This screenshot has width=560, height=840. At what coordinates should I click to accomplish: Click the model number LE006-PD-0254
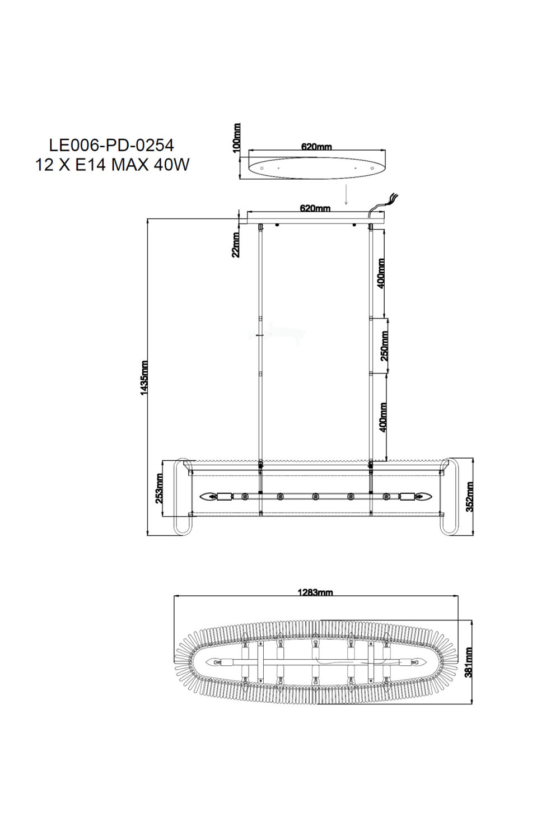[111, 146]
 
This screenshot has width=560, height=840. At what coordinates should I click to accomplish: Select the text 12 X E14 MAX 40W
[111, 166]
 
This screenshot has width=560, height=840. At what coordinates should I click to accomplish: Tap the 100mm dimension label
[236, 137]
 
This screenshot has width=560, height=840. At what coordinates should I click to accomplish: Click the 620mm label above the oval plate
[316, 147]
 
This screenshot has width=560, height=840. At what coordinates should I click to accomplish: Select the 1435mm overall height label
[144, 379]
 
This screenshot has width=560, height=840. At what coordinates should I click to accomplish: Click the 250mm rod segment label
[384, 346]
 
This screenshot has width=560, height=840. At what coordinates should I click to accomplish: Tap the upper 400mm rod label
[381, 273]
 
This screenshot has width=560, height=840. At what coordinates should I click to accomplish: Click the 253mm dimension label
[159, 488]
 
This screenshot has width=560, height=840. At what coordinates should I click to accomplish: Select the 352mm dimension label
[469, 497]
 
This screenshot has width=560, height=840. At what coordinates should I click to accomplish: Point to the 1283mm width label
[315, 592]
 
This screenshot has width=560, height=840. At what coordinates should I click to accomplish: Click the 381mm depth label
[469, 662]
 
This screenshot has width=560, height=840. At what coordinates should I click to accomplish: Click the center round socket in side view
[315, 496]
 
